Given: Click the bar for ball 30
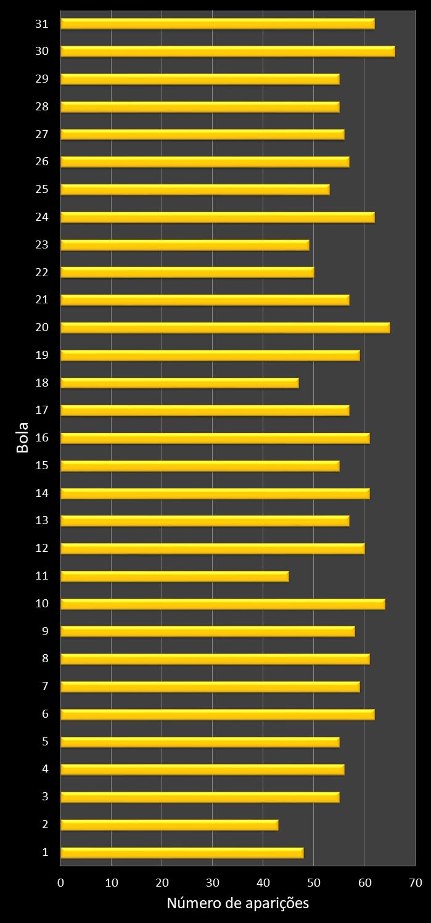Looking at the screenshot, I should [x=228, y=51].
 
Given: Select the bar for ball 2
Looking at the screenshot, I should [x=169, y=824].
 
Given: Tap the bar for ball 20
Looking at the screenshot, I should [x=225, y=327].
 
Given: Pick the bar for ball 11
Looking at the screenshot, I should [x=174, y=576].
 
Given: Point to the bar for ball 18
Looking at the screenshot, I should [x=179, y=383].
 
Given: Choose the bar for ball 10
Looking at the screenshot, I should [x=223, y=604].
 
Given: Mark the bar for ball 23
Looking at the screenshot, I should [x=184, y=245].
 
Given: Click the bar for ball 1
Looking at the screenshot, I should [x=182, y=852].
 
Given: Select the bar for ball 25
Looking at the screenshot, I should [x=195, y=189].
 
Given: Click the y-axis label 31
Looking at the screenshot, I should [x=42, y=23].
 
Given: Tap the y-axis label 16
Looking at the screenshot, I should [x=42, y=438].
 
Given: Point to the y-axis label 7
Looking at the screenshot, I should [x=45, y=686].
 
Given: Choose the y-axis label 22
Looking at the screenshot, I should [x=42, y=272].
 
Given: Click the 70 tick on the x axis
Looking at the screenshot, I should [x=414, y=882].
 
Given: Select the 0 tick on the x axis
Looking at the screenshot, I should [x=60, y=882].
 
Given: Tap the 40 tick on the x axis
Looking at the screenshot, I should [x=263, y=882].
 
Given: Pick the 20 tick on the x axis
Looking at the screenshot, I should [x=162, y=882].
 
